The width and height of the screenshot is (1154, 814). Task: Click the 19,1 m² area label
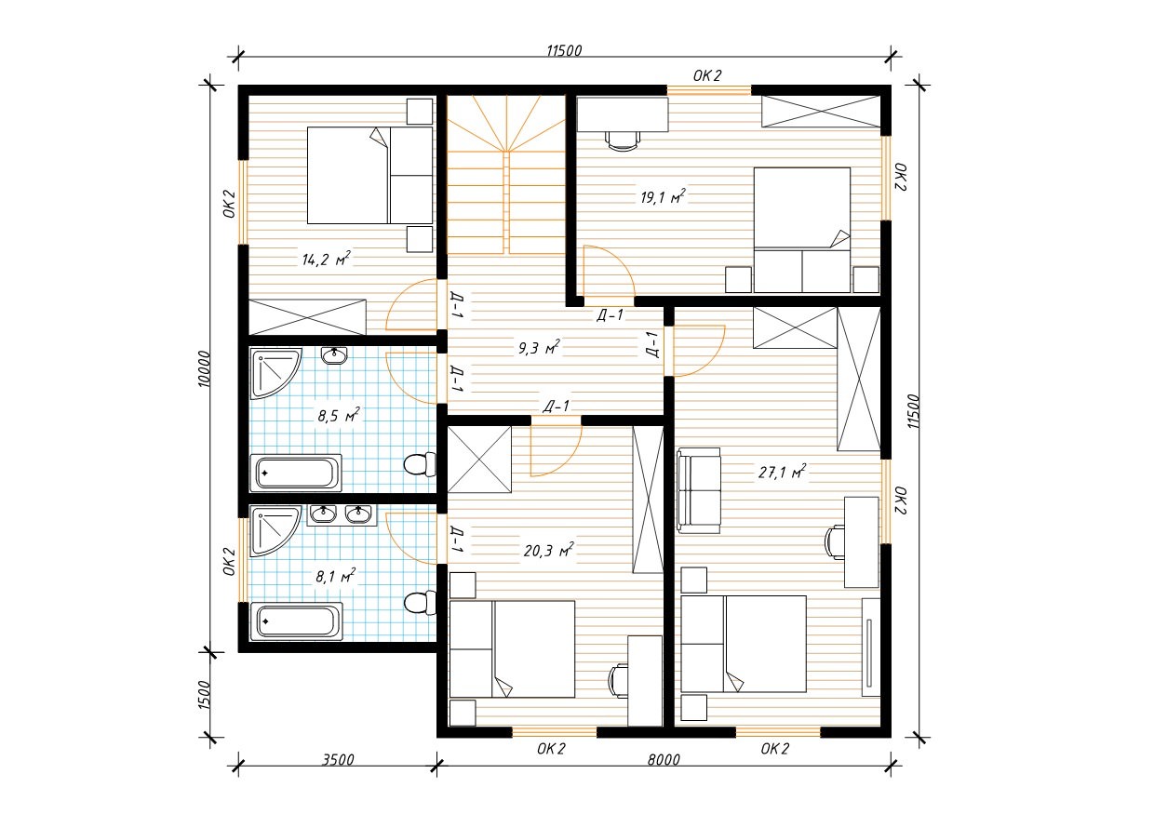[x=663, y=196]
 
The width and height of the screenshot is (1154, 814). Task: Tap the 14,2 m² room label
[x=326, y=259]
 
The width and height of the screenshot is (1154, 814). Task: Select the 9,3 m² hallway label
[x=539, y=348]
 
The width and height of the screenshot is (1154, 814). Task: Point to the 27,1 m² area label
[x=782, y=472]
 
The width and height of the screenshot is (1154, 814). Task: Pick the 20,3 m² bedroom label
[x=549, y=551]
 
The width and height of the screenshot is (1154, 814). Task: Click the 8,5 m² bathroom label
[x=338, y=415]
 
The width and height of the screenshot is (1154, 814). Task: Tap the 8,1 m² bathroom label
[x=336, y=576]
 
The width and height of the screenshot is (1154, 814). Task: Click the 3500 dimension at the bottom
[x=338, y=759]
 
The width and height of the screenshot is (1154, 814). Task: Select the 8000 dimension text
[x=664, y=759]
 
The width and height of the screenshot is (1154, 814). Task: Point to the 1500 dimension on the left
[x=205, y=695]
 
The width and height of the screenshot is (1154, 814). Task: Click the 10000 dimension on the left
[x=205, y=368]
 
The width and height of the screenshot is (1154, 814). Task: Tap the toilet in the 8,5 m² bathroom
[x=420, y=464]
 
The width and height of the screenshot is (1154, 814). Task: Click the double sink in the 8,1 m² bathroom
[x=342, y=514]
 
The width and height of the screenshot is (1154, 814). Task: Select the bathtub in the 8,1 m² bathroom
[x=296, y=621]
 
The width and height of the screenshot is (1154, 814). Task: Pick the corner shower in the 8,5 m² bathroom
[x=275, y=373]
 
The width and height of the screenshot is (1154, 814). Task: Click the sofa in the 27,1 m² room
[x=699, y=490]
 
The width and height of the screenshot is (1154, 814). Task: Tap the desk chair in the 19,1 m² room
[x=623, y=141]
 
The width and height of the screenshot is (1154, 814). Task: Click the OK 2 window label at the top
[x=707, y=76]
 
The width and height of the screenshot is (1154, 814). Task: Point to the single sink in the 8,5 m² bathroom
[x=334, y=355]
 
